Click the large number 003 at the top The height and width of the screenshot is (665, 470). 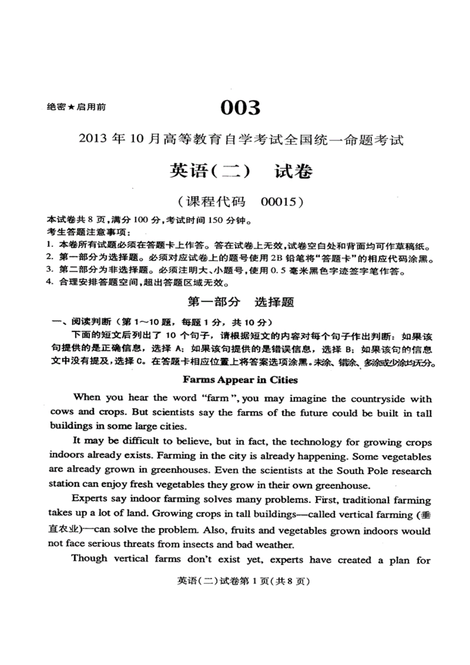click(240, 107)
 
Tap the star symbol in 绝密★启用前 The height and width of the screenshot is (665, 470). click(71, 107)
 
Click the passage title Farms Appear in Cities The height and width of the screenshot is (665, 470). click(240, 380)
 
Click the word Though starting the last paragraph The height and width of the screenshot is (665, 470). click(89, 559)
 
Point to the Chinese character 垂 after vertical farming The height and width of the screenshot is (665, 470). click(425, 515)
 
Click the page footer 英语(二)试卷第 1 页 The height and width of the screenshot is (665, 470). click(243, 581)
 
